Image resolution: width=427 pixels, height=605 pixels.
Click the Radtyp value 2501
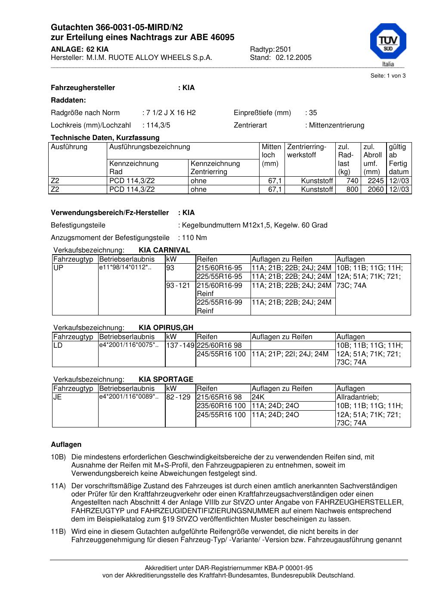click(283, 49)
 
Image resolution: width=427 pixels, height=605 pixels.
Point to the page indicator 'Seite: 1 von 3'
click(388, 76)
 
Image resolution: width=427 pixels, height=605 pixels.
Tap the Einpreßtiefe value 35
click(313, 113)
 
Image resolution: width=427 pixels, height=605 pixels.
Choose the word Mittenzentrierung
click(336, 125)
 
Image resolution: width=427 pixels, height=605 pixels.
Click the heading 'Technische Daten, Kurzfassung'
click(105, 138)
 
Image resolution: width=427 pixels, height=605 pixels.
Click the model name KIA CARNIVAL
click(164, 250)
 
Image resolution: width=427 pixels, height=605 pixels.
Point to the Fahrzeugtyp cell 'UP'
click(58, 268)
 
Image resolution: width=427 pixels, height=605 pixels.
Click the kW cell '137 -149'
click(180, 346)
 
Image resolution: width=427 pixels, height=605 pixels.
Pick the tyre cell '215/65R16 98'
click(219, 397)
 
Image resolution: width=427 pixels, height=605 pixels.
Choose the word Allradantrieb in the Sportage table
click(357, 397)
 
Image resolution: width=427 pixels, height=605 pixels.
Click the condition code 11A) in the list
click(58, 486)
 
